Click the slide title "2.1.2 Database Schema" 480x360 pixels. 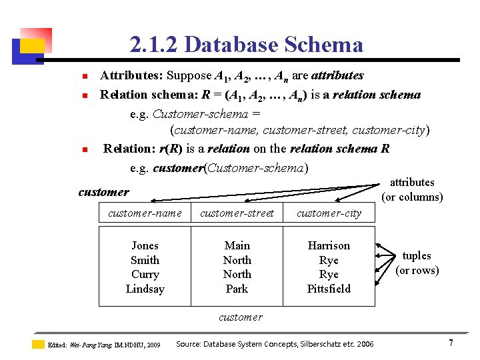click(x=247, y=45)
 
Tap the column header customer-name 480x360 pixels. click(x=145, y=213)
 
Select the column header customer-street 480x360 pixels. click(x=237, y=213)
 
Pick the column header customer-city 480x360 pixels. click(x=329, y=213)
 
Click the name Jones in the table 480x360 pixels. click(x=145, y=245)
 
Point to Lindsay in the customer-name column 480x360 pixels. click(x=145, y=289)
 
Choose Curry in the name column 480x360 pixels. click(x=145, y=274)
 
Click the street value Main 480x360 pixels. click(x=237, y=245)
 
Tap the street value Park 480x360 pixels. click(x=237, y=289)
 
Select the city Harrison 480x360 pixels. click(x=329, y=245)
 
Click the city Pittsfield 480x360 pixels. click(x=329, y=289)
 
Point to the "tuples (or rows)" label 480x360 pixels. click(x=417, y=263)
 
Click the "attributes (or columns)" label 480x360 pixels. click(x=412, y=189)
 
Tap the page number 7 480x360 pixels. click(x=451, y=343)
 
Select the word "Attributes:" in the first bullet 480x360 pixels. click(x=131, y=75)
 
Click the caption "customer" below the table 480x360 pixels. click(x=241, y=317)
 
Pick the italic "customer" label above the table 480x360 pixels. click(x=103, y=192)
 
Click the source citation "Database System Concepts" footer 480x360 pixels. click(x=274, y=344)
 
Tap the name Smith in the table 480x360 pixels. click(x=145, y=260)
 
